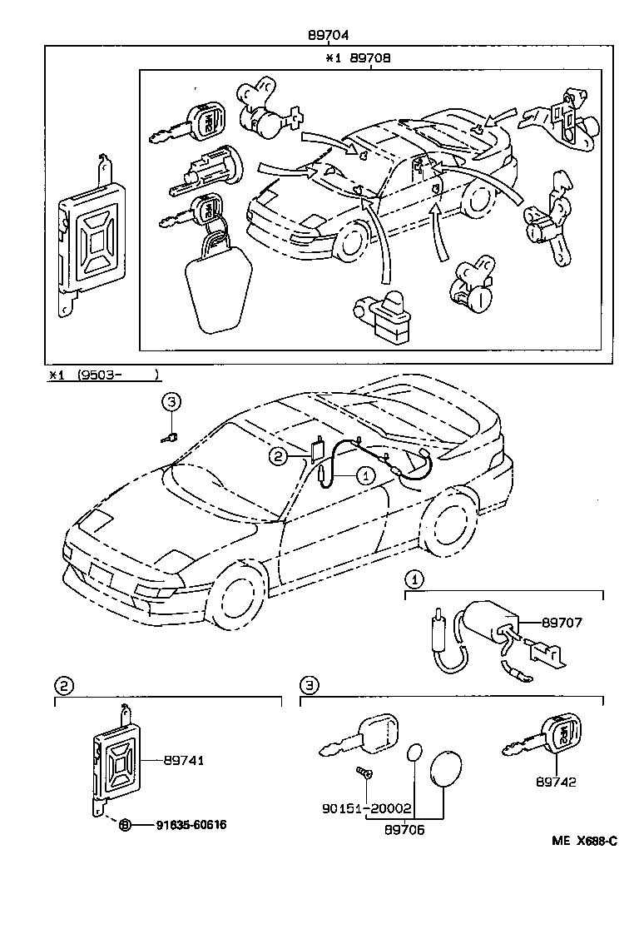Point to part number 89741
[x=184, y=760]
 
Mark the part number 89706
[x=406, y=829]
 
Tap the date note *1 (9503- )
[x=104, y=375]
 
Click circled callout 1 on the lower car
[x=364, y=475]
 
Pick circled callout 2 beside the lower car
[x=278, y=455]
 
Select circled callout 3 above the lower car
[x=171, y=402]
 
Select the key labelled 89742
[x=542, y=737]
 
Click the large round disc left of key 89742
[x=448, y=768]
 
